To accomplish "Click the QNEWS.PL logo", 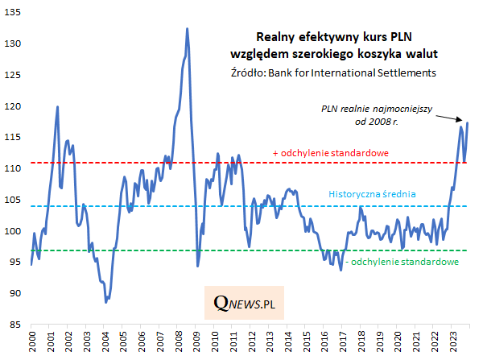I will (x=250, y=304).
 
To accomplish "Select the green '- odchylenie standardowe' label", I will (x=402, y=262).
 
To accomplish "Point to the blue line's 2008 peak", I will (x=187, y=29).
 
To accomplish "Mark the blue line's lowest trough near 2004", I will (x=106, y=302).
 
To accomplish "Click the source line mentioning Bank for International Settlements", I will (x=332, y=72).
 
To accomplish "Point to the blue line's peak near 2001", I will (x=57, y=107).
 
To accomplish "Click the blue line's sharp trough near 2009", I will (x=198, y=265).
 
